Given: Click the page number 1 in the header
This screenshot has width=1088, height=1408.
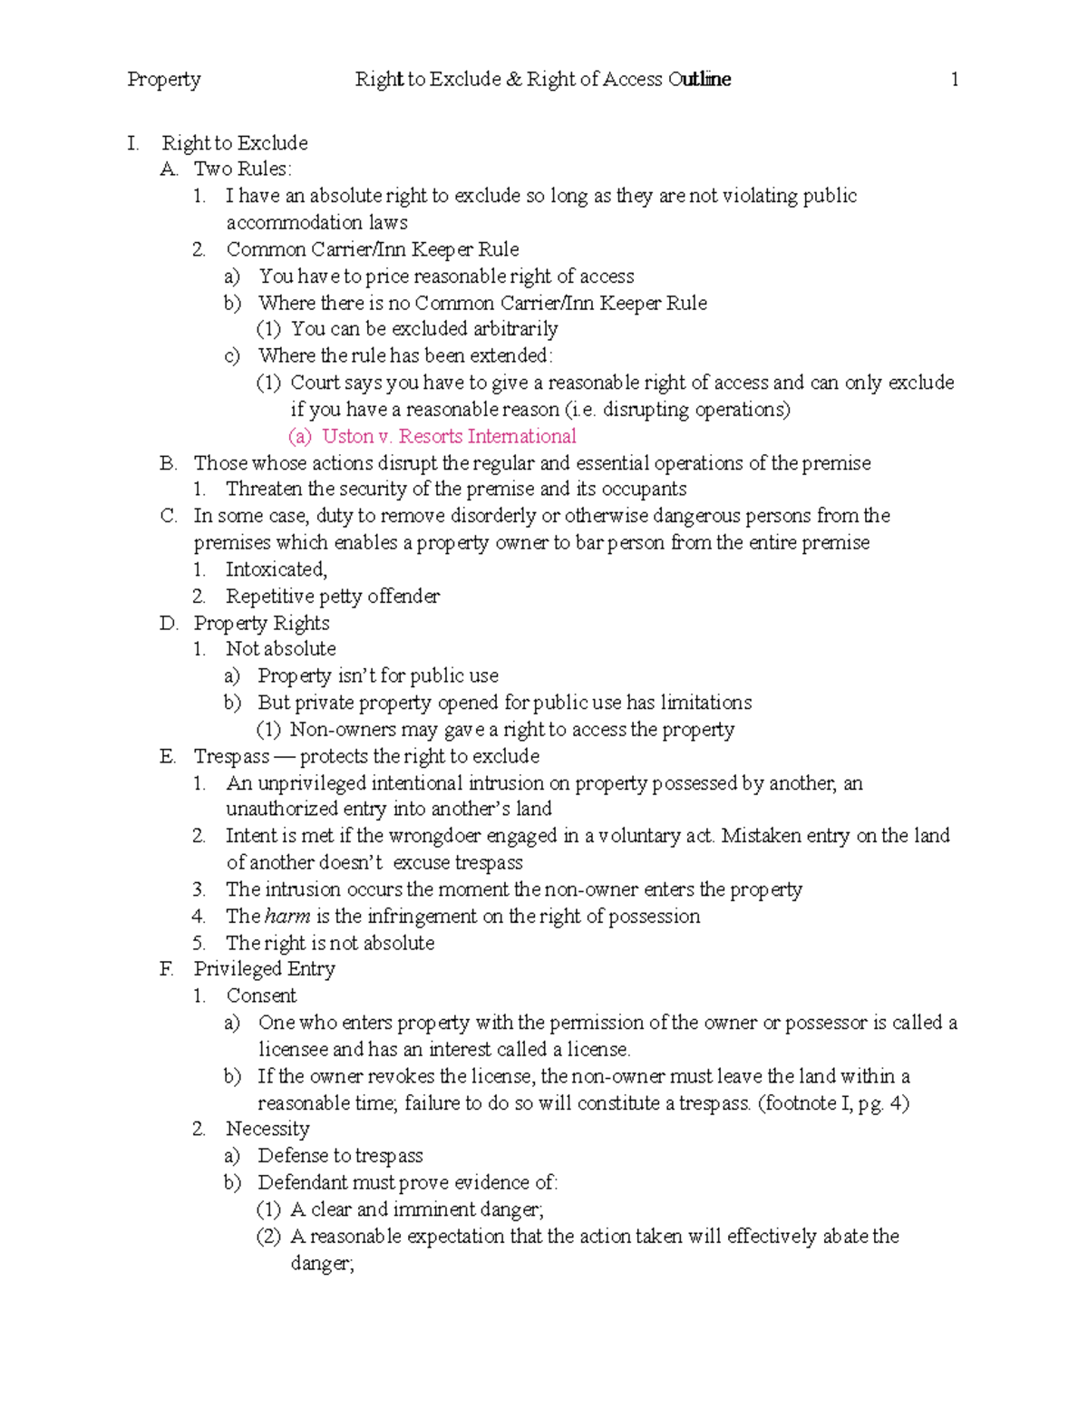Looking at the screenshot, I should [x=954, y=80].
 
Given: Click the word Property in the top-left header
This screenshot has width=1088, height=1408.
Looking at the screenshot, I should [x=164, y=80].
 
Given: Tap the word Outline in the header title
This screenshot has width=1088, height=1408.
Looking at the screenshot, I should [x=699, y=80].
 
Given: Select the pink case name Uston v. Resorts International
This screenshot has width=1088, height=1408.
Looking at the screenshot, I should [x=449, y=436].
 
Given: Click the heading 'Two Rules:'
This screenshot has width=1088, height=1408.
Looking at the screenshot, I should [x=242, y=169].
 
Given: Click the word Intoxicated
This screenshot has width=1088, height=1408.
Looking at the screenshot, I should [x=276, y=569].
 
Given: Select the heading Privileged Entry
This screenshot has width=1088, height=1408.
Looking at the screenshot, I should [x=264, y=969].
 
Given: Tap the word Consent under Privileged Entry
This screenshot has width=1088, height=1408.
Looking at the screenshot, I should [x=261, y=995].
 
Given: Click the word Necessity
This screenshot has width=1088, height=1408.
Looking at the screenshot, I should [x=267, y=1129].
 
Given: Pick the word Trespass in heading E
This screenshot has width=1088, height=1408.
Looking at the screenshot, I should [x=231, y=756].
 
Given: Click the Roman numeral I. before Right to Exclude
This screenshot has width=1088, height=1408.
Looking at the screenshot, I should [x=133, y=143].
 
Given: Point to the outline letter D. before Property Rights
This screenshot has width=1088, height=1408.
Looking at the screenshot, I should [x=169, y=624].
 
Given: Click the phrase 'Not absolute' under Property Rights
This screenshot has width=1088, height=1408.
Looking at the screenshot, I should [x=281, y=649].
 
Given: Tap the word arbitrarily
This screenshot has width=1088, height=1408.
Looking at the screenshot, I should [x=515, y=329].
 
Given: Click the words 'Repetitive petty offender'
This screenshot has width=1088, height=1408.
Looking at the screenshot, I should [x=333, y=597].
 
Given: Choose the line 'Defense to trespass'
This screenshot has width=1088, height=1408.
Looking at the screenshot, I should [x=340, y=1156].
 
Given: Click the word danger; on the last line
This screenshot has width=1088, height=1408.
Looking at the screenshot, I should [x=322, y=1264].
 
